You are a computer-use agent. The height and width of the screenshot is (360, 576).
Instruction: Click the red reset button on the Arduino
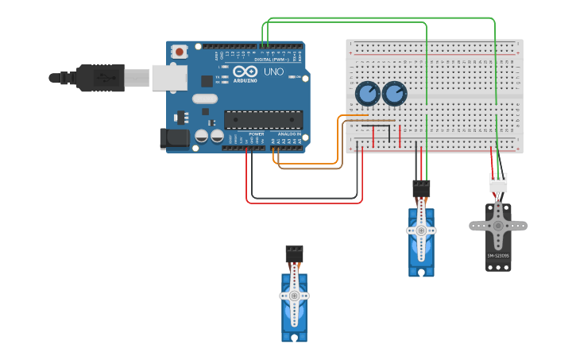(x=180, y=52)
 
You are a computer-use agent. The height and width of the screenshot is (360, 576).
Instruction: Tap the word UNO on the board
(x=273, y=72)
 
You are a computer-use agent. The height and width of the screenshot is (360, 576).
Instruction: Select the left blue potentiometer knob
(x=367, y=95)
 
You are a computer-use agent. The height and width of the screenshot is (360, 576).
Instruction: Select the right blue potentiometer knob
(x=394, y=95)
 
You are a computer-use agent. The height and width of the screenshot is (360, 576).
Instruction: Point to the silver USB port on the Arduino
(x=169, y=77)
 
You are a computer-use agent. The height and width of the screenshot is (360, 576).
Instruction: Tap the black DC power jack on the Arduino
(x=175, y=139)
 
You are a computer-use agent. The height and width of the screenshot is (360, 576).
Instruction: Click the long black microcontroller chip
(x=263, y=119)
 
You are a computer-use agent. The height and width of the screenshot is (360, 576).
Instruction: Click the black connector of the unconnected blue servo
(x=294, y=254)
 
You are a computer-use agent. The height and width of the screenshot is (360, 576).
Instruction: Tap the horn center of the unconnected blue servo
(x=294, y=296)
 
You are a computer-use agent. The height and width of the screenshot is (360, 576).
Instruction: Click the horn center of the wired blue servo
(x=421, y=230)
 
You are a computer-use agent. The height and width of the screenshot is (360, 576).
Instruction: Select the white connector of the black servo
(x=498, y=183)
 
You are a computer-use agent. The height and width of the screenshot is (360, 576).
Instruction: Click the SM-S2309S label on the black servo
(x=498, y=255)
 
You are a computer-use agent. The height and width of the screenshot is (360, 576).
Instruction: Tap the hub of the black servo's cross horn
(x=498, y=225)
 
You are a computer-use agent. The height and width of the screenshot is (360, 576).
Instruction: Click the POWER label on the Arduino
(x=256, y=134)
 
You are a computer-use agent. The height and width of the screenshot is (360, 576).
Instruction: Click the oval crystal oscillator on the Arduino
(x=204, y=99)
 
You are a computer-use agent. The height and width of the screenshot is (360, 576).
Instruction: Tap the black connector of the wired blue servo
(x=421, y=189)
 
